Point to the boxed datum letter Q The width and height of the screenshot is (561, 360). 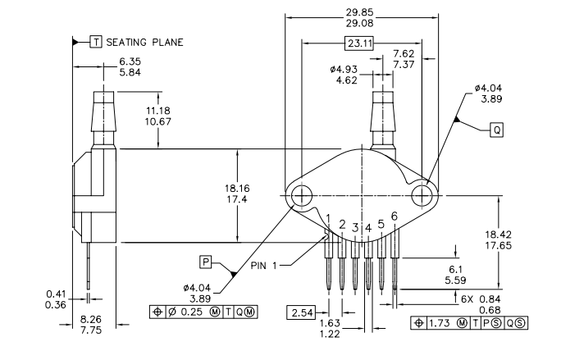pos(497,130)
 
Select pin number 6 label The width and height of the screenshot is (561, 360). pos(395,216)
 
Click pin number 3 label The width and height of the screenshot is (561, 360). pos(355,226)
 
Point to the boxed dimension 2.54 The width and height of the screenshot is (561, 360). pos(300,312)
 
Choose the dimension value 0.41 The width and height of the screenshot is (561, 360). pos(57,293)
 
